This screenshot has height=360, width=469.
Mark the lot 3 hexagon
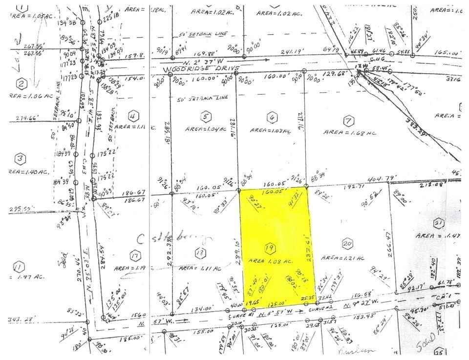(20, 158)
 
